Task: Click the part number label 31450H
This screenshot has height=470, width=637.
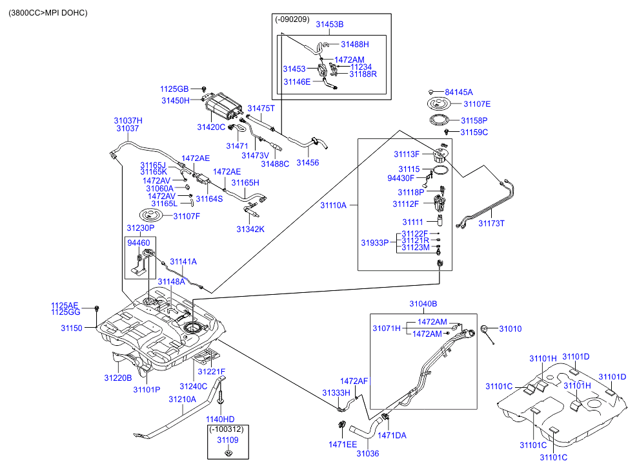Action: pos(176,101)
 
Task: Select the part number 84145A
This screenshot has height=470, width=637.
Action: pos(459,92)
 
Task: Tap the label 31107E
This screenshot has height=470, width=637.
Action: pos(476,104)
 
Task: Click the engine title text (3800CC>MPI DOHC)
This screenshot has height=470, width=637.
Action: pos(48,13)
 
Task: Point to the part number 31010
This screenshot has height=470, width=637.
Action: pos(510,329)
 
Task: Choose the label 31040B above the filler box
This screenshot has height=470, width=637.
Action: pos(423,304)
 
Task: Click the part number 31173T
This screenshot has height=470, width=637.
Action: pos(491,223)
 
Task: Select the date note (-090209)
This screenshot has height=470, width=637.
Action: pos(292,19)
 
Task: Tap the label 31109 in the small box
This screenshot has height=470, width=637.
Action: pos(228,440)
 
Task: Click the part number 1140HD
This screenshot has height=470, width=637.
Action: pos(221,418)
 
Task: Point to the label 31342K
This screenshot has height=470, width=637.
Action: pos(250,229)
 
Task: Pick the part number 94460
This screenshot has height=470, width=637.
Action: pos(139,243)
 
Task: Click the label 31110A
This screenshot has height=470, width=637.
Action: pos(333,205)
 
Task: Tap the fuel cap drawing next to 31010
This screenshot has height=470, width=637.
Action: pos(486,332)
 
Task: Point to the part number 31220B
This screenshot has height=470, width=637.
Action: pos(118,378)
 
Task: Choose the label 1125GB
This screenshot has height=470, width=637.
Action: pos(174,89)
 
